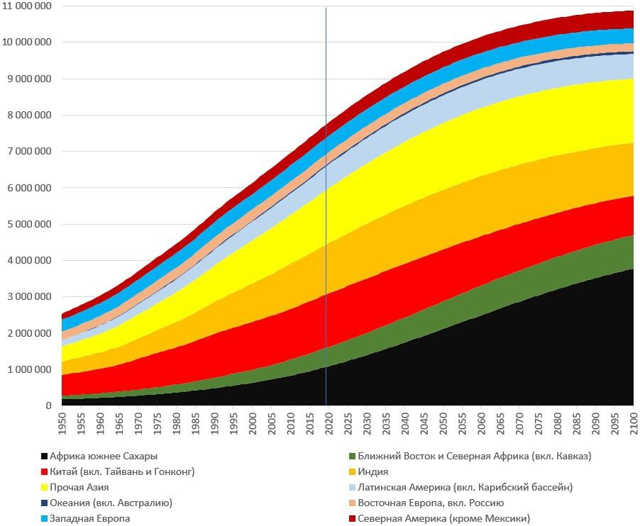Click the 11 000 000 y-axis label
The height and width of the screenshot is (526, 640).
pos(26,6)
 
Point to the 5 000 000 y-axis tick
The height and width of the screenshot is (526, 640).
pos(26,224)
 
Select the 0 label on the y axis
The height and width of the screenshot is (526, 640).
pos(48,406)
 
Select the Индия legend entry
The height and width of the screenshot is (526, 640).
pos(373,472)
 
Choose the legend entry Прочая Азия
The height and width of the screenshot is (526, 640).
pos(79,488)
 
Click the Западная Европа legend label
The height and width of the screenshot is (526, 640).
pos(89,519)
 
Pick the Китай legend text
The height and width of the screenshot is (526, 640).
pos(122,472)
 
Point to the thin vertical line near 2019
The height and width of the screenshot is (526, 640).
pos(326,213)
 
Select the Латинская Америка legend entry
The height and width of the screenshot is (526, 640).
pos(465,488)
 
